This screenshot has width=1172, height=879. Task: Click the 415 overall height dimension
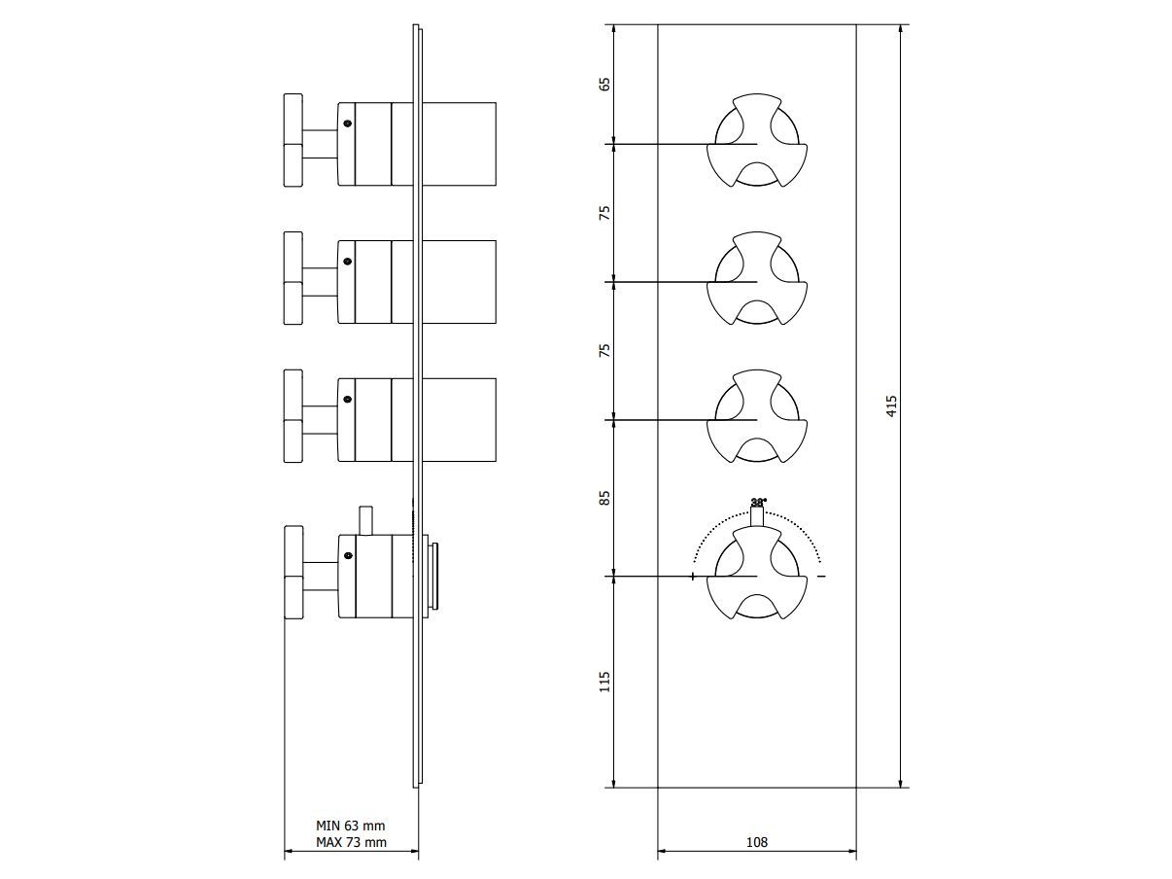coord(892,405)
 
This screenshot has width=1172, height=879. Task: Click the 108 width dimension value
coord(757,842)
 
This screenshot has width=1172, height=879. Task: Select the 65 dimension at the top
coord(604,84)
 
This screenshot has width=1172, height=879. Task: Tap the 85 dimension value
coord(604,497)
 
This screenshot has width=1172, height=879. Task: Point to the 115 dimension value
coord(604,681)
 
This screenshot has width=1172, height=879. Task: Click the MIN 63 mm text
coord(351,826)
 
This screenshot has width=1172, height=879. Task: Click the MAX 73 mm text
coord(351,842)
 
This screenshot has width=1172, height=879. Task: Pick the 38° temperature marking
coord(758,503)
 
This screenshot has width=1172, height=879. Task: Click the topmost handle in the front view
coord(757,142)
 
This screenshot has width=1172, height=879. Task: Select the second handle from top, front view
coord(757,280)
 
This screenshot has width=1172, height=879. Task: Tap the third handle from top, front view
coord(757,418)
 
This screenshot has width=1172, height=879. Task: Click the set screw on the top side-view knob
coord(346,123)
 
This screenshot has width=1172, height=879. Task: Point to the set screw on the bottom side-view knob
coord(346,555)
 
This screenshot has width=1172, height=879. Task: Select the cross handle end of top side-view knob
coord(293,141)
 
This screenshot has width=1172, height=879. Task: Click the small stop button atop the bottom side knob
coord(365,519)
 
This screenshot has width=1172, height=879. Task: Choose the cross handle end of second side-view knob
coord(293,280)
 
